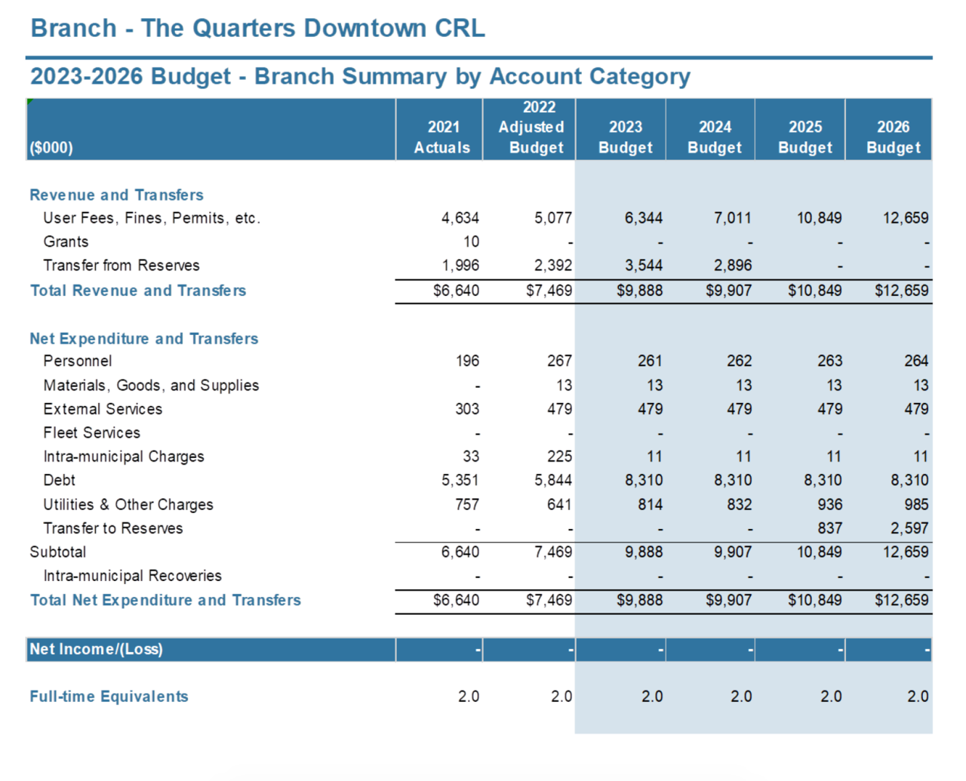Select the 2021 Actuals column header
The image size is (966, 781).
pyautogui.click(x=442, y=137)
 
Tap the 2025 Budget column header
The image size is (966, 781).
pyautogui.click(x=805, y=137)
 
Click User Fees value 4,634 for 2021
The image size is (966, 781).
pyautogui.click(x=460, y=218)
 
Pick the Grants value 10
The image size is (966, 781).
pyautogui.click(x=471, y=241)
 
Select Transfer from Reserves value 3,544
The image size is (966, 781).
pyautogui.click(x=644, y=266)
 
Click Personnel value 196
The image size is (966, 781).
pyautogui.click(x=467, y=361)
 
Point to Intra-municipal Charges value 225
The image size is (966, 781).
pyautogui.click(x=559, y=457)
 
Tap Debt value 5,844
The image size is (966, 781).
pyautogui.click(x=553, y=481)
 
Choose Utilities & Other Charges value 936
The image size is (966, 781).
pyautogui.click(x=829, y=504)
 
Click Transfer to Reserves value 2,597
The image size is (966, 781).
pyautogui.click(x=909, y=528)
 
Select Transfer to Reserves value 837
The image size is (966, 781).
pyautogui.click(x=829, y=528)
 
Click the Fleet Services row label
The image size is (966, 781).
pyautogui.click(x=91, y=432)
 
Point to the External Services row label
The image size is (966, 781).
pyautogui.click(x=103, y=409)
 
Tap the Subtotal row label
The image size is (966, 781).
pyautogui.click(x=57, y=552)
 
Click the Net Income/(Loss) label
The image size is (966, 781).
pyautogui.click(x=96, y=649)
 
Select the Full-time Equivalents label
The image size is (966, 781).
pyautogui.click(x=109, y=696)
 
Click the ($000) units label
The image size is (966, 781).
pyautogui.click(x=51, y=148)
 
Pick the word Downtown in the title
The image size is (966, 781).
pyautogui.click(x=365, y=28)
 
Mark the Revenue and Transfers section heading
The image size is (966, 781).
pyautogui.click(x=116, y=195)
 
